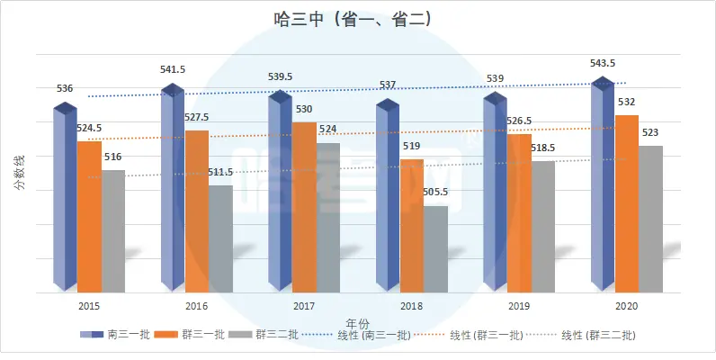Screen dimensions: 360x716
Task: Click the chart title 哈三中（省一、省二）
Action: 357,19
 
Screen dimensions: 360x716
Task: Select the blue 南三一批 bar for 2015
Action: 64,198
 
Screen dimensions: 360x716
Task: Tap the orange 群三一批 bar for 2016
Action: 197,211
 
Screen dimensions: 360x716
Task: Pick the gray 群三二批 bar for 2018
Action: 435,249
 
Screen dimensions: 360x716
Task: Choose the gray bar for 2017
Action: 328,218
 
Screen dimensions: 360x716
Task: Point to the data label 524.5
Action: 89,128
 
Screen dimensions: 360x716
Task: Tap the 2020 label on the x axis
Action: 627,306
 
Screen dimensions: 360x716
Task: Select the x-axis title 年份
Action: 357,322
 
